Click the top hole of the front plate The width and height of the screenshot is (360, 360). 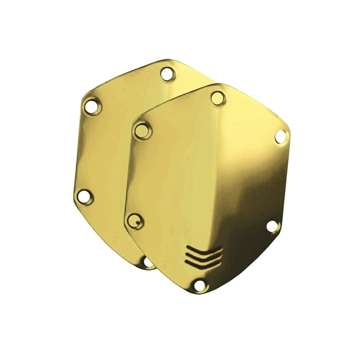pyautogui.click(x=218, y=97)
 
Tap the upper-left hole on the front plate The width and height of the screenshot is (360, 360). pyautogui.click(x=144, y=131)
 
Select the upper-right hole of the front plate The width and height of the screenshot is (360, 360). pyautogui.click(x=280, y=135)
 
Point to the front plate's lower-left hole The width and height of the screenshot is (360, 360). pyautogui.click(x=133, y=220)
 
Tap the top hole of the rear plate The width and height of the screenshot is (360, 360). pyautogui.click(x=167, y=74)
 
